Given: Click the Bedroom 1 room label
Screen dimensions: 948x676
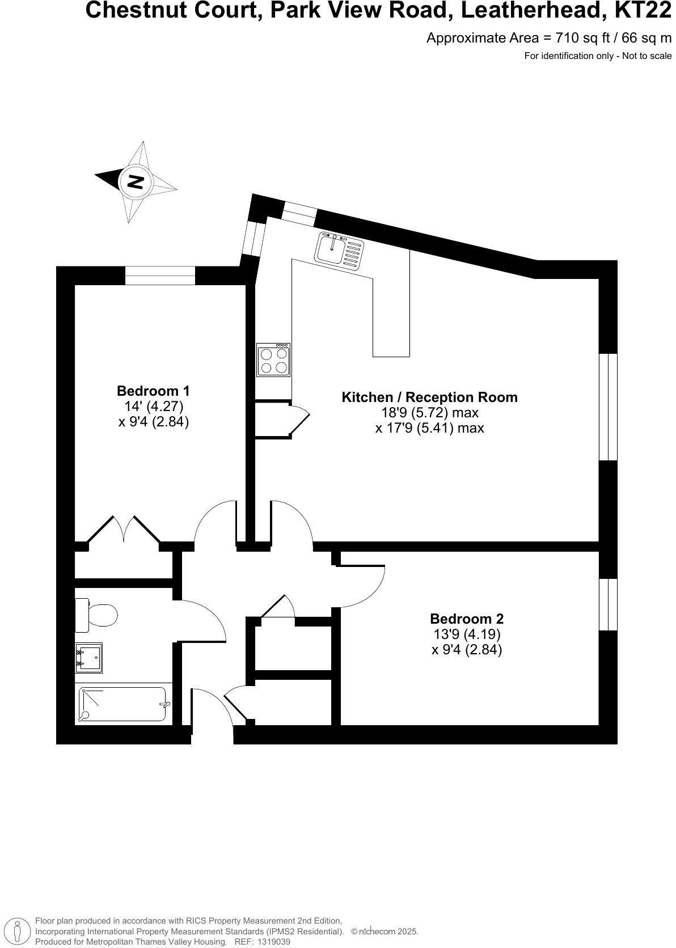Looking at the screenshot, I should click(153, 391).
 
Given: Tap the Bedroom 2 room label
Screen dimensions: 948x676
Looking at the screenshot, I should click(466, 619).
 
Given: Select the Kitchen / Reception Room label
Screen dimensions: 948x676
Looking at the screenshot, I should click(429, 397).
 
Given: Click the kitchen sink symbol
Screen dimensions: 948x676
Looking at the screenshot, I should click(340, 250).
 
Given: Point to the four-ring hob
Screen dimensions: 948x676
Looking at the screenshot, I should click(273, 360).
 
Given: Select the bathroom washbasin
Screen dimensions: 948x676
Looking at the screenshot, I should click(89, 658).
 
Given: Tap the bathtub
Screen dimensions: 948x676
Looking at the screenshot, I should click(123, 704).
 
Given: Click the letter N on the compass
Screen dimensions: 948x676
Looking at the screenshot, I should click(136, 181).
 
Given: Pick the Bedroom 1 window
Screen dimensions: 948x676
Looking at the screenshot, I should click(160, 276).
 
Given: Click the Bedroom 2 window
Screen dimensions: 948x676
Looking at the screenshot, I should click(608, 604).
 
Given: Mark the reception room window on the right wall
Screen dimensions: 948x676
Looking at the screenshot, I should click(608, 407).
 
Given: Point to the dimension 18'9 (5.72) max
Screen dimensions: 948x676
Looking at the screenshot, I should click(429, 412).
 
